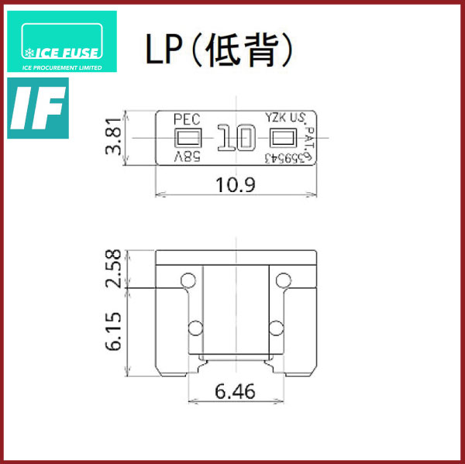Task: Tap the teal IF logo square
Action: [x=37, y=108]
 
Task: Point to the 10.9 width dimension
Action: [x=236, y=184]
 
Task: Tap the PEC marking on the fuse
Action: [x=187, y=119]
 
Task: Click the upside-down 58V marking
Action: [x=187, y=157]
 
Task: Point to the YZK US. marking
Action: [x=285, y=119]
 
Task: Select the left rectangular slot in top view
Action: [x=188, y=139]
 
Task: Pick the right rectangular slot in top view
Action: [x=283, y=139]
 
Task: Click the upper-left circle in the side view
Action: [x=187, y=280]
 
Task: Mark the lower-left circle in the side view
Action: [x=195, y=325]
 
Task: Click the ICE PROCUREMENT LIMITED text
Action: [x=61, y=66]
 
